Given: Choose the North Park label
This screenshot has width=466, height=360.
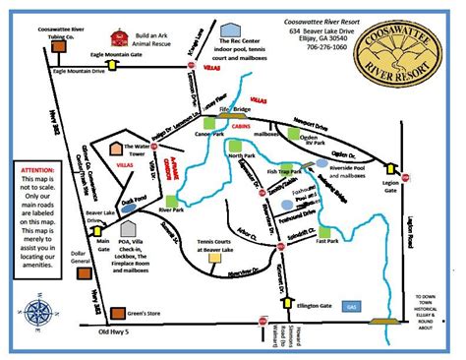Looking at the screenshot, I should (x=242, y=156).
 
